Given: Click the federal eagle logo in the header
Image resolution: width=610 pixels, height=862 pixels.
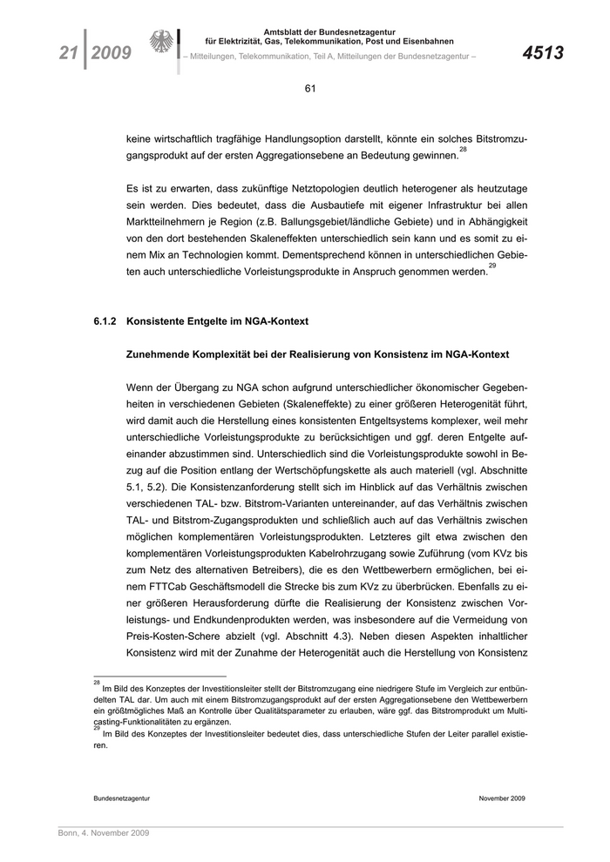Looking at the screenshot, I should click(x=161, y=44).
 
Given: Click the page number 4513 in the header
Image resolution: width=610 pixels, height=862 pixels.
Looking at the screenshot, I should click(x=543, y=53).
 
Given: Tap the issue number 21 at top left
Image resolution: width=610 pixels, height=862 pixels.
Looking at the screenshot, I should click(x=68, y=53).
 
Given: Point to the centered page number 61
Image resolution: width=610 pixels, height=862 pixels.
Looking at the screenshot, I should click(x=309, y=88).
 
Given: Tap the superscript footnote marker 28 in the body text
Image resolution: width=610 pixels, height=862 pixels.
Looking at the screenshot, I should click(x=464, y=150).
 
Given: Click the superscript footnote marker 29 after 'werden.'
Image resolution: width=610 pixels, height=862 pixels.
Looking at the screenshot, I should click(x=492, y=266).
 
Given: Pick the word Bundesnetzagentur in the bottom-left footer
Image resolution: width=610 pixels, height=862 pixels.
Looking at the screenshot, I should click(x=122, y=798).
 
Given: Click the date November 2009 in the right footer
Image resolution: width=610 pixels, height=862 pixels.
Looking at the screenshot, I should click(x=502, y=798).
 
